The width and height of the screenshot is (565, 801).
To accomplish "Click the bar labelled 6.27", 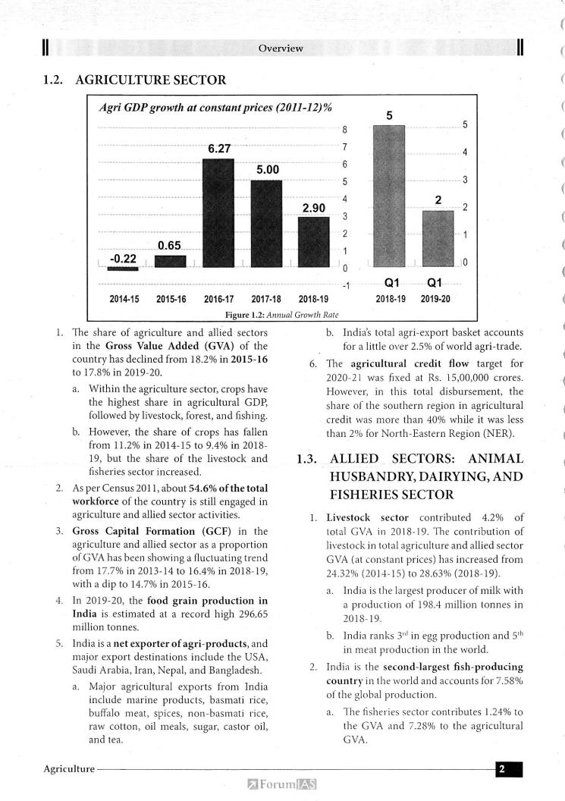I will (218, 213).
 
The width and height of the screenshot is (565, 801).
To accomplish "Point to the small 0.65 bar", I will (171, 261).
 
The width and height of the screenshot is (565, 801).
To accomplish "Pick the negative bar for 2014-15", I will (123, 269).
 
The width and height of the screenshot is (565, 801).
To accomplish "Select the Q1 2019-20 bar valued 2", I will (437, 238).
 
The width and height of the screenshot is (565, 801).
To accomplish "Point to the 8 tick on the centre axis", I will (344, 129).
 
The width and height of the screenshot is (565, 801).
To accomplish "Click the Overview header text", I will (281, 49).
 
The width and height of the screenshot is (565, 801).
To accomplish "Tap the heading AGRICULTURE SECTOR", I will (150, 78).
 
